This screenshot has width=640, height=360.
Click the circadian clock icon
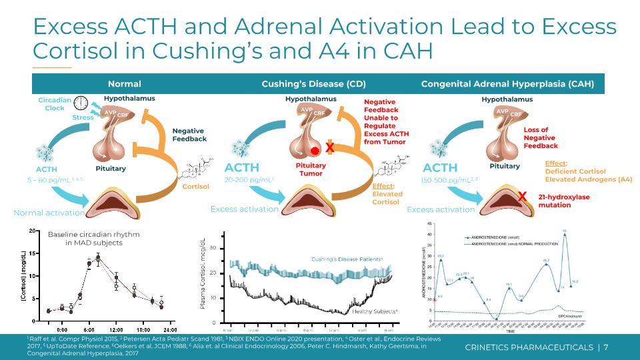(81, 103)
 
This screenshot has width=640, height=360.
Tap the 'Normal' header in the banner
(124, 84)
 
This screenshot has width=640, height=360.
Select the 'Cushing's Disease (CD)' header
(304, 84)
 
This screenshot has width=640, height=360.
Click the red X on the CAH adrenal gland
(523, 196)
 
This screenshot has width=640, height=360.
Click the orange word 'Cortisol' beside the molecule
(196, 187)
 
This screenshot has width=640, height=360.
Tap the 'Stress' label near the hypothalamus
(83, 118)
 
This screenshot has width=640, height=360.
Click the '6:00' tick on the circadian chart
(89, 329)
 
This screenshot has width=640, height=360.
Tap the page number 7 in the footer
(606, 347)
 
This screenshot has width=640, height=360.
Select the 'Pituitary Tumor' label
(311, 169)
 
